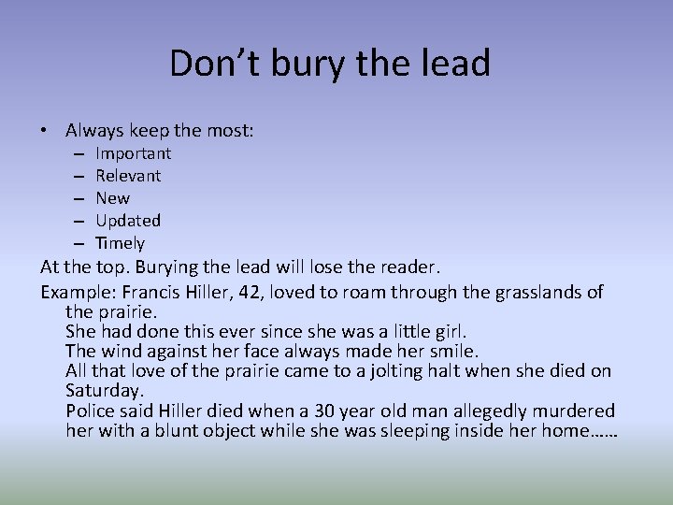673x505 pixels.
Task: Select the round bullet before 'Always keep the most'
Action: (x=46, y=132)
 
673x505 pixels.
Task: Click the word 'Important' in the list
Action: (x=133, y=153)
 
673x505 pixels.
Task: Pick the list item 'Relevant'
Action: (x=128, y=176)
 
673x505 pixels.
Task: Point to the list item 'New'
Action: (x=112, y=198)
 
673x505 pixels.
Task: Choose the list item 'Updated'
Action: (x=128, y=221)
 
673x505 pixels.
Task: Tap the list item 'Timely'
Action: (x=120, y=243)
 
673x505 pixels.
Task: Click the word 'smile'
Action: (x=453, y=352)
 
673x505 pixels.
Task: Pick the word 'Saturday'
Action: (x=105, y=391)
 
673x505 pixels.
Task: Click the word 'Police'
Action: (x=93, y=411)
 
